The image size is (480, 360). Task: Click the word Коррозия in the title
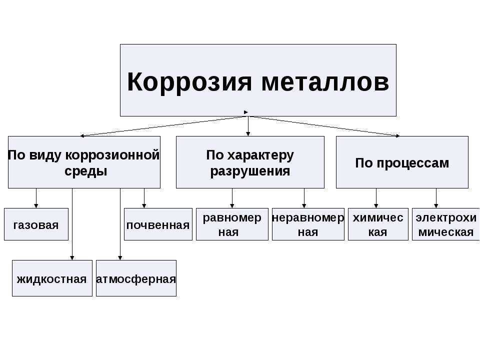click(189, 82)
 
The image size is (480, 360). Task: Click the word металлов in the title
click(325, 82)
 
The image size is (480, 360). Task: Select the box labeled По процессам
click(402, 162)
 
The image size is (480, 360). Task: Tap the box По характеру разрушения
click(250, 162)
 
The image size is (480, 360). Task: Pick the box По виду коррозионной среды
click(84, 162)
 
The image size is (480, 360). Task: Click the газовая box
click(36, 224)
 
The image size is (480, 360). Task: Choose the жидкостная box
click(52, 278)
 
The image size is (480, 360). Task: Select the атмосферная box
click(136, 278)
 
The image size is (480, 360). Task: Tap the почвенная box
click(158, 224)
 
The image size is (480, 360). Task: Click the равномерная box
click(232, 224)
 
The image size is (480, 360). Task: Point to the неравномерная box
click(308, 224)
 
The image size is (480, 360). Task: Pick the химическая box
click(378, 224)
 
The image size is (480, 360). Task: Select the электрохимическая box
click(446, 224)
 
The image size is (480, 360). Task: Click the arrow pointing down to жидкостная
click(72, 224)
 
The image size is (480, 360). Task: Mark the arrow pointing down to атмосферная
click(120, 224)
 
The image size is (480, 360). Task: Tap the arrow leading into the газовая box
click(36, 198)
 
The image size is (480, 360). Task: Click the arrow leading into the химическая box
click(376, 198)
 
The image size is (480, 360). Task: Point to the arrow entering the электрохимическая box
click(436, 198)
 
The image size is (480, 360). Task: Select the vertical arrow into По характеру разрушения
click(248, 126)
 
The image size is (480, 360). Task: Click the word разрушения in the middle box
click(250, 171)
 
